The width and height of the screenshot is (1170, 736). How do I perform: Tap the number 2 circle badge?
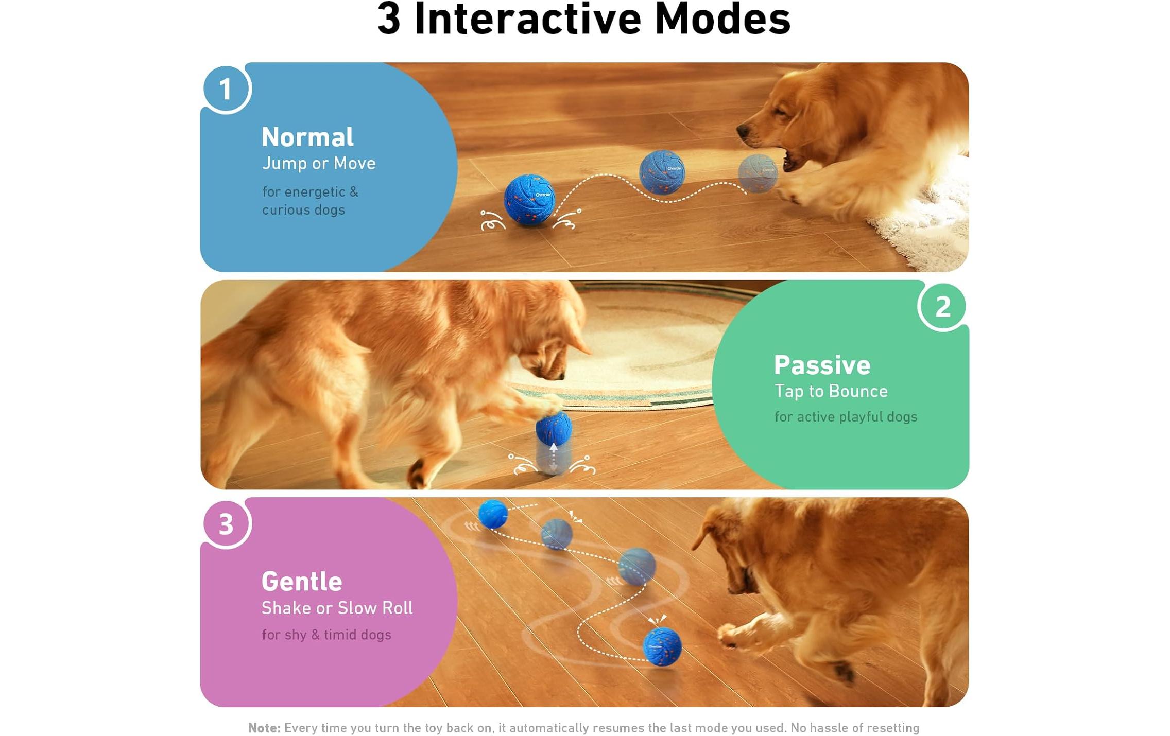click(942, 307)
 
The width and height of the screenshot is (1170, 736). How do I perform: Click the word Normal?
click(307, 137)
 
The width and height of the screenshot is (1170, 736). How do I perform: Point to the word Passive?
click(822, 365)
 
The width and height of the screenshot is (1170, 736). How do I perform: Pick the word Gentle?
click(302, 582)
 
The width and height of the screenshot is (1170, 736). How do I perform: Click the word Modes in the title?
click(722, 20)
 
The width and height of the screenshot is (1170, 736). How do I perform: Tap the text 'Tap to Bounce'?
click(831, 391)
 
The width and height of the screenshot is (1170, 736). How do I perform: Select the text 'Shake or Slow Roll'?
click(337, 608)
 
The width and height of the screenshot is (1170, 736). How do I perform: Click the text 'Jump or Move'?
click(319, 164)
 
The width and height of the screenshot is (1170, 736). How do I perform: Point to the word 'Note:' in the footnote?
click(264, 727)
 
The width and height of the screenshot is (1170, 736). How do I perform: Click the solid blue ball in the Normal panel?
click(529, 200)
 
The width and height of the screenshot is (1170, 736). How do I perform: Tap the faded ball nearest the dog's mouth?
click(758, 173)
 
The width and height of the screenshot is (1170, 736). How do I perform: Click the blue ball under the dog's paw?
click(553, 426)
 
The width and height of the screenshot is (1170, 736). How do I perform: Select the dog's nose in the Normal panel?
click(743, 131)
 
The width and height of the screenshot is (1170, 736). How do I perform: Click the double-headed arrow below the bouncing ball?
click(553, 457)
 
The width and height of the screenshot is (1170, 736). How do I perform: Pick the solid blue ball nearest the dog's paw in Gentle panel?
click(662, 646)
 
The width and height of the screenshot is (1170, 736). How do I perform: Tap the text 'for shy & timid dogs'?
click(326, 635)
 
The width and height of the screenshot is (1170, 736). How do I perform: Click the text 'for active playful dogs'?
click(846, 417)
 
